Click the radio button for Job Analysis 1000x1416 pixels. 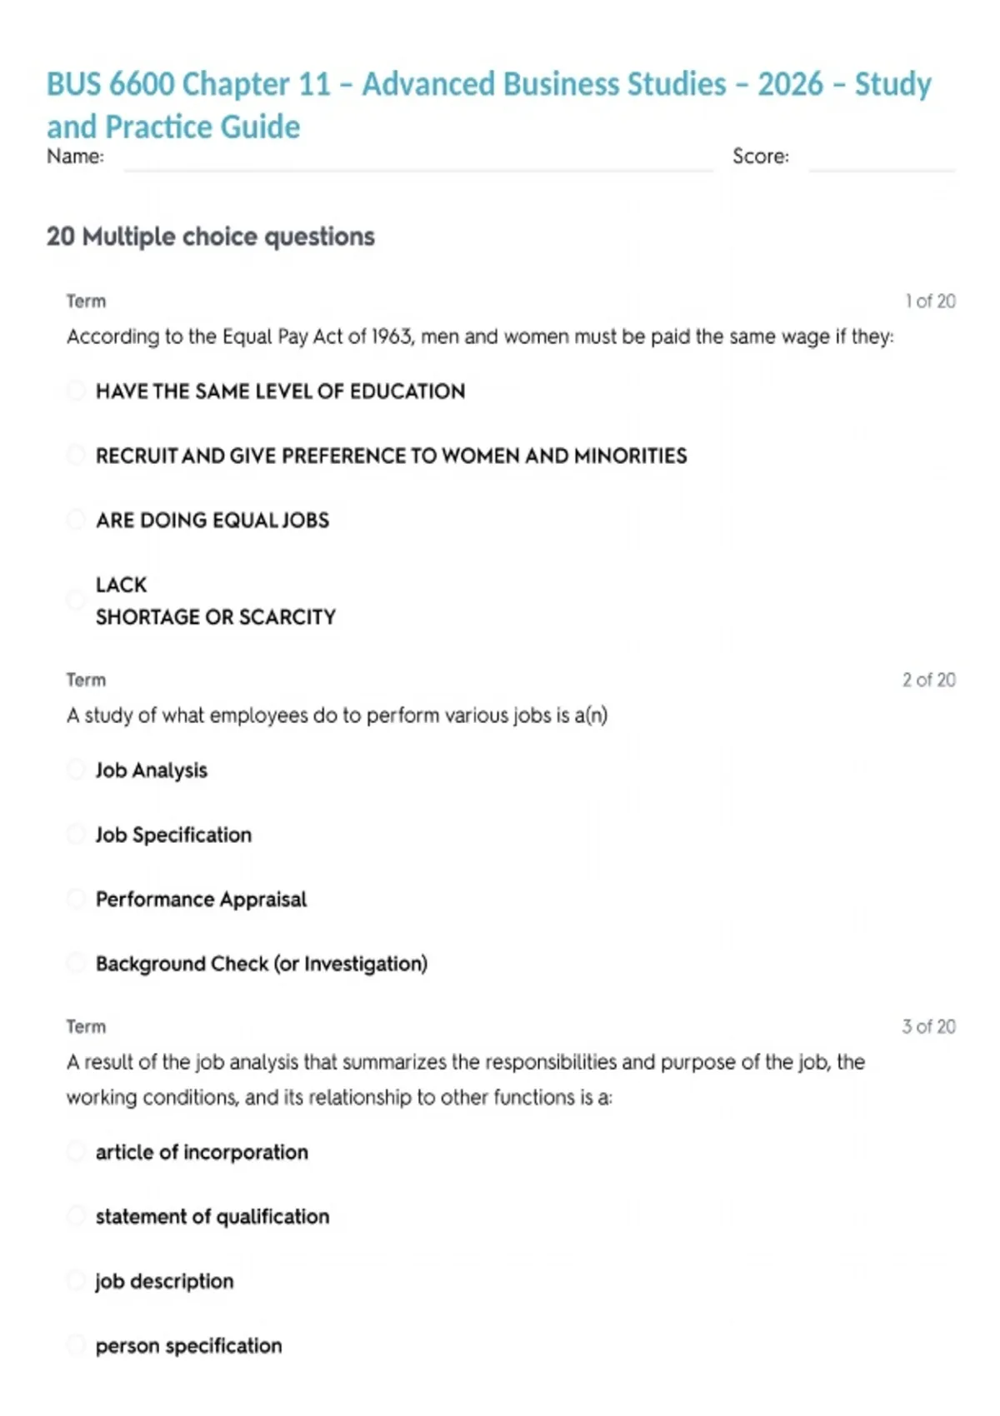tap(76, 770)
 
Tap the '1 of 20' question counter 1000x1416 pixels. tap(930, 302)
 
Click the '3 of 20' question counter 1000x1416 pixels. tap(928, 1026)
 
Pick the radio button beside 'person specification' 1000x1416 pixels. tap(76, 1345)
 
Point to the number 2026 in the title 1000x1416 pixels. tap(790, 84)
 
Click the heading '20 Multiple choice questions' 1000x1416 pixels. tap(211, 237)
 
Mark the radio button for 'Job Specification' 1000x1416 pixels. tap(76, 835)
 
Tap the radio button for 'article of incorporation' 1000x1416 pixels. tap(76, 1152)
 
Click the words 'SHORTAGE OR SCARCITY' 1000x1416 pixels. tap(216, 617)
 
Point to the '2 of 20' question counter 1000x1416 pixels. tap(928, 680)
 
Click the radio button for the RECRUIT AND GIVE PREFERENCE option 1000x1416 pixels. tap(76, 456)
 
